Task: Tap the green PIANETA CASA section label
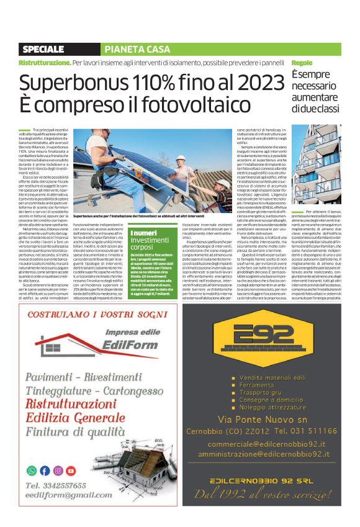(x=128, y=49)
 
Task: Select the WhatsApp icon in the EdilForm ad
(x=32, y=471)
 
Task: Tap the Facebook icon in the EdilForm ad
(x=45, y=471)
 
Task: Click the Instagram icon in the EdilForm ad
(x=58, y=471)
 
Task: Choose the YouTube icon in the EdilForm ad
(x=71, y=471)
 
